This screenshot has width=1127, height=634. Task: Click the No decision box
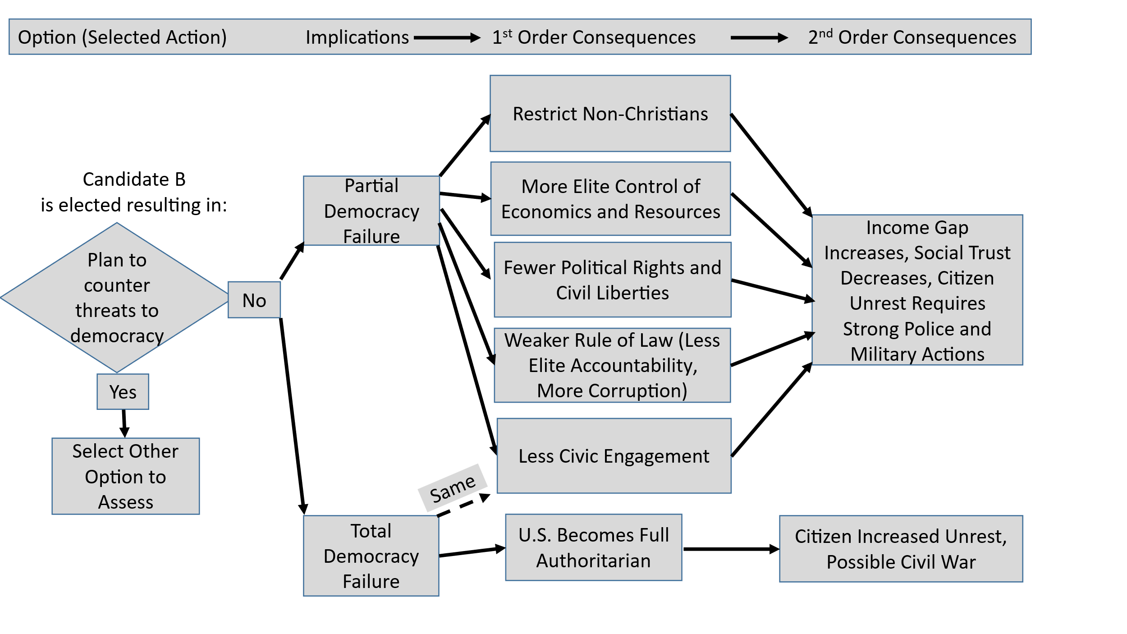coord(254,300)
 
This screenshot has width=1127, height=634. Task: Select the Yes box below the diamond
coord(123,392)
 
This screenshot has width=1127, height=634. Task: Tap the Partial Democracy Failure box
coord(371,211)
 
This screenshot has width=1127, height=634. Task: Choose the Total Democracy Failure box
coord(371,556)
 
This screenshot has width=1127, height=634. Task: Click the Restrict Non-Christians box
coord(610,114)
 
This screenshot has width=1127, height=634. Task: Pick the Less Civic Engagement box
coord(614,456)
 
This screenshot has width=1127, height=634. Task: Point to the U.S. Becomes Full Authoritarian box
coord(593,547)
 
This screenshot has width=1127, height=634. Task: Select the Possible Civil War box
coord(901,549)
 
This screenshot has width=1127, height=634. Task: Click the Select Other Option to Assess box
coord(125,476)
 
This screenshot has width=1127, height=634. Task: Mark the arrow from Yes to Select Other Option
coord(124,423)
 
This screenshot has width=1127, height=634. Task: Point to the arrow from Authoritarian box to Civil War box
coord(731,549)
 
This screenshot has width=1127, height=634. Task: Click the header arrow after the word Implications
coord(447,38)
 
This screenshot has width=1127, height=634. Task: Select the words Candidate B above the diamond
coord(134,179)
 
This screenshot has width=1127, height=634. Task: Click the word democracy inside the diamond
coord(117,336)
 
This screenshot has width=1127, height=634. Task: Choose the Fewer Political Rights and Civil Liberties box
coord(612,280)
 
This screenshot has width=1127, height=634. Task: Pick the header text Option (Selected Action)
coord(122,37)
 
